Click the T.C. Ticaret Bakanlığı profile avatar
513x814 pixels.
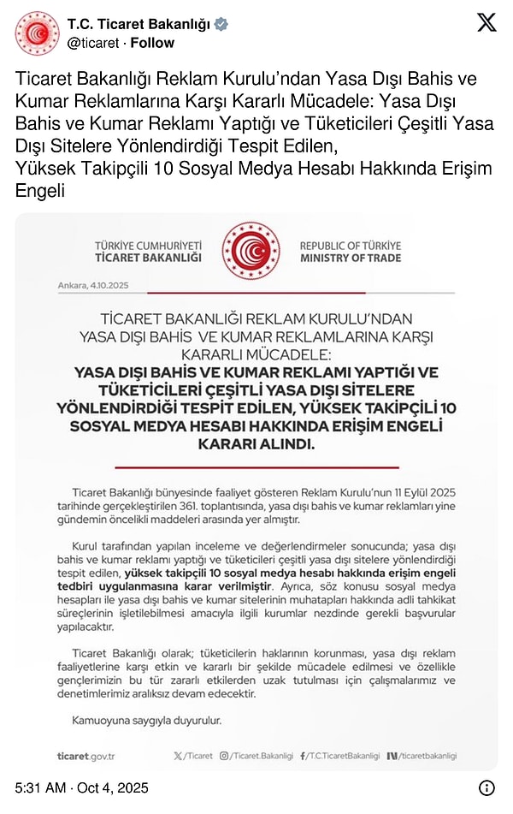point(37,33)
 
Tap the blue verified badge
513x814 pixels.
point(221,24)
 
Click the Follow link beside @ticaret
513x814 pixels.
point(152,43)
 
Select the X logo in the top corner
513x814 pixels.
point(486,23)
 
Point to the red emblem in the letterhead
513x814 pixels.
point(251,250)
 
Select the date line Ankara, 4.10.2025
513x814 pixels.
point(93,285)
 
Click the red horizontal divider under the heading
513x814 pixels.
point(256,467)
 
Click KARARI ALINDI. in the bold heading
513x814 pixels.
point(256,445)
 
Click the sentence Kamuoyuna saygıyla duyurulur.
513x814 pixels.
point(148,721)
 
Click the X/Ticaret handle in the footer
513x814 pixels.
point(193,756)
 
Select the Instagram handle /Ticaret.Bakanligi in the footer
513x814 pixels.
point(256,756)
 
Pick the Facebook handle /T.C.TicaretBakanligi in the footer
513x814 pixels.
point(340,756)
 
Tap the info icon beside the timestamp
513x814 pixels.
point(486,787)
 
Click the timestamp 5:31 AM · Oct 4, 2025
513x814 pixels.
point(82,787)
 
